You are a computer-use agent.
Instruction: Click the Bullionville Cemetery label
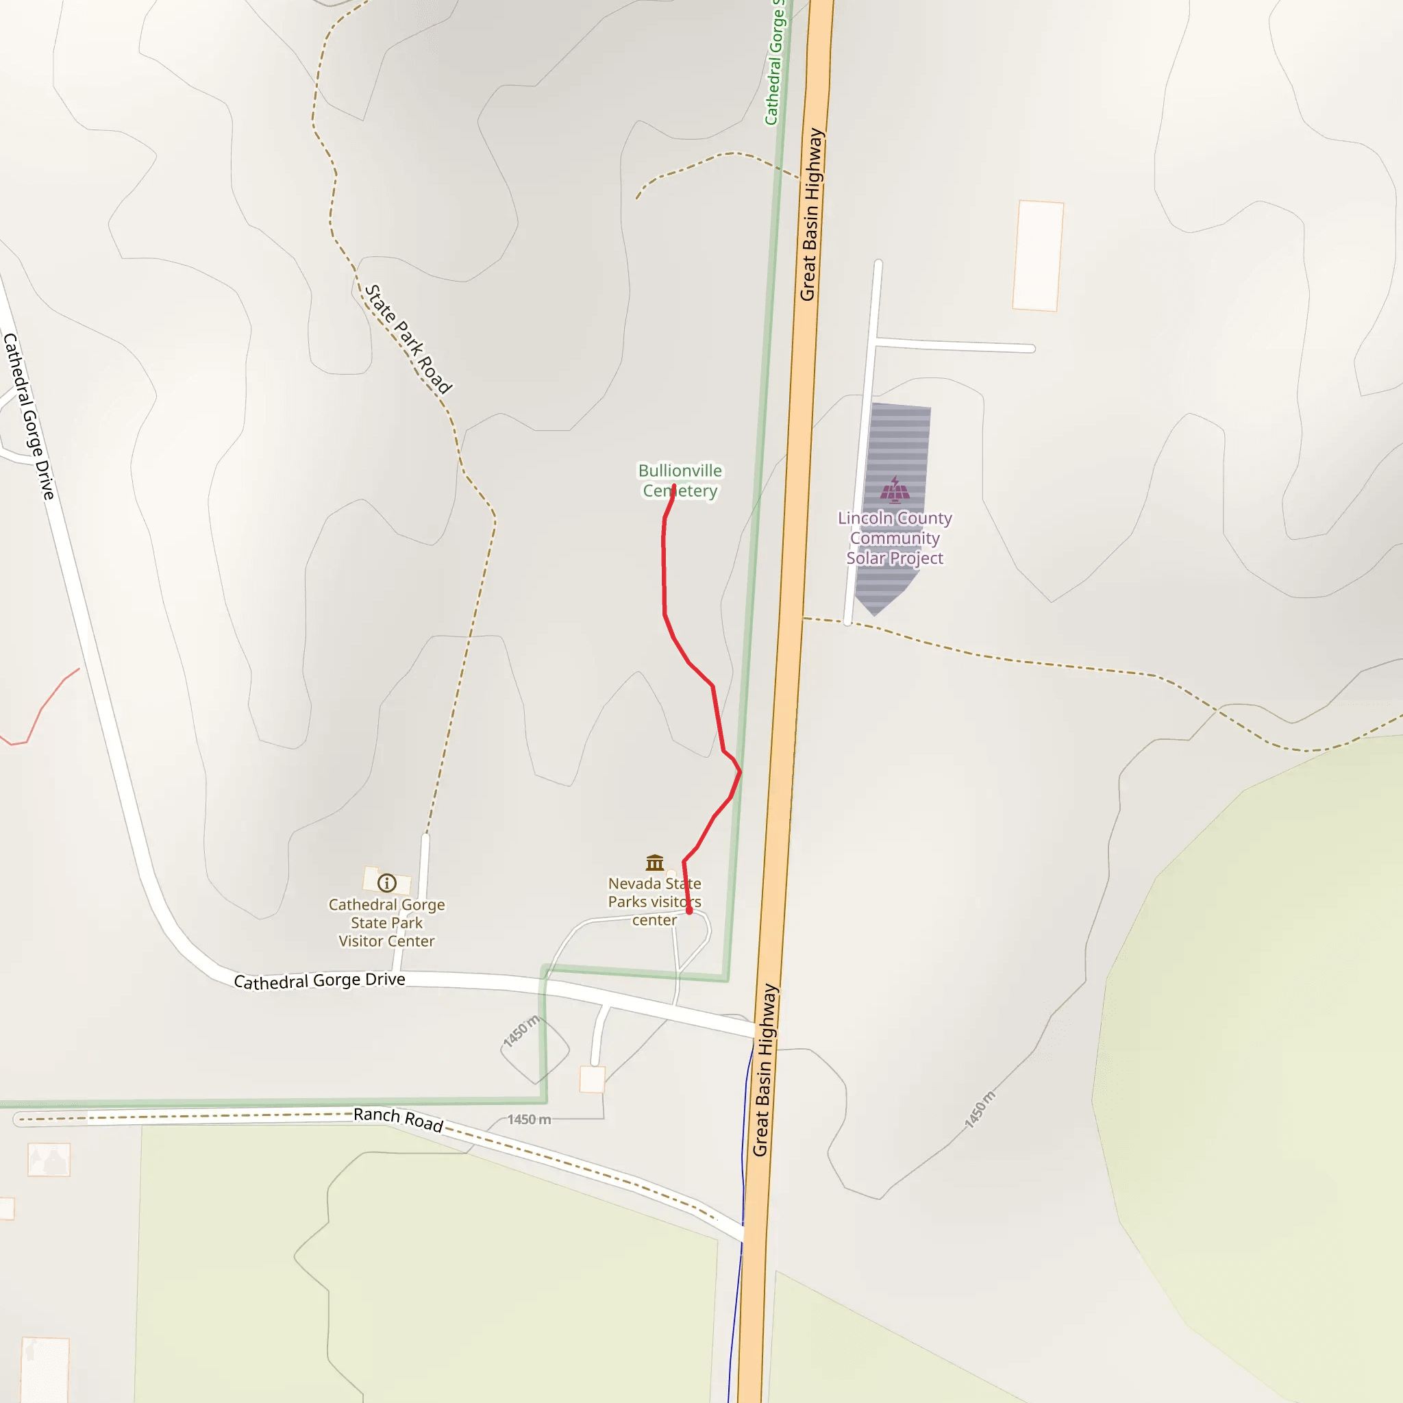pyautogui.click(x=680, y=481)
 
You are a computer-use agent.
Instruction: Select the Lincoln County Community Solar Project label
pyautogui.click(x=895, y=538)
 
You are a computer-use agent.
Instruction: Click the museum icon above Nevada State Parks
pyautogui.click(x=654, y=862)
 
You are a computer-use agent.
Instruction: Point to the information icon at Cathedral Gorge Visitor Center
pyautogui.click(x=387, y=882)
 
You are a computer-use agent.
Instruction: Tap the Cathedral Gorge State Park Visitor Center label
pyautogui.click(x=386, y=922)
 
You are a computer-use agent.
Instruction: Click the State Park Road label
pyautogui.click(x=408, y=338)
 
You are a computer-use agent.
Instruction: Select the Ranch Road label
pyautogui.click(x=398, y=1119)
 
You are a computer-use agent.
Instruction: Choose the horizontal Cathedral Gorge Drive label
pyautogui.click(x=319, y=980)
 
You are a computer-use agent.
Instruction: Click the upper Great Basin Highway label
pyautogui.click(x=812, y=215)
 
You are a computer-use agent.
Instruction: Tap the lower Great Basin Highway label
pyautogui.click(x=765, y=1071)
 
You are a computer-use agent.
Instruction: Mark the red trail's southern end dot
pyautogui.click(x=689, y=910)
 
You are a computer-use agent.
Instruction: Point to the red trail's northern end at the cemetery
pyautogui.click(x=674, y=486)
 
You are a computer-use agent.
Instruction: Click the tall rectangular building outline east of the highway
pyautogui.click(x=1038, y=256)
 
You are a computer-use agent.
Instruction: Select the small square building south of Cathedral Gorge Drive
pyautogui.click(x=592, y=1079)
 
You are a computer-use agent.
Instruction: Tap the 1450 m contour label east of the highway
pyautogui.click(x=980, y=1109)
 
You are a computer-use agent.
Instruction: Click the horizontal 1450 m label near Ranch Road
pyautogui.click(x=529, y=1119)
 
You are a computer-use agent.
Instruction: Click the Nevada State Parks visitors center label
pyautogui.click(x=654, y=902)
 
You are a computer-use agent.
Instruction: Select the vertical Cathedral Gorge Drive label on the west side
pyautogui.click(x=29, y=416)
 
